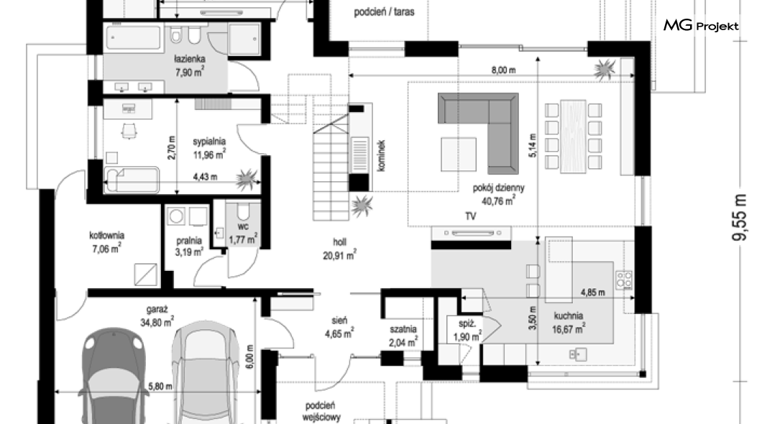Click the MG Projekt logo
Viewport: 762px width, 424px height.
click(x=701, y=25)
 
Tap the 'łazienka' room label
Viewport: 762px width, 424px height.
click(x=190, y=59)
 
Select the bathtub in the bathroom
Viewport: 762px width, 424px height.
click(x=133, y=38)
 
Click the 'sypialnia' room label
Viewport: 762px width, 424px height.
click(x=209, y=142)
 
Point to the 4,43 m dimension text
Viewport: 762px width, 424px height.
click(x=205, y=177)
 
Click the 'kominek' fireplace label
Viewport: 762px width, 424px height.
click(x=381, y=156)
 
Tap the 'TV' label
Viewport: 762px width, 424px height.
click(x=470, y=216)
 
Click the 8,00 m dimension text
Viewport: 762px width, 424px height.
click(x=503, y=70)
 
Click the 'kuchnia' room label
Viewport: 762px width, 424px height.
click(x=569, y=315)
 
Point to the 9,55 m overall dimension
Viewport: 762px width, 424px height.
click(x=739, y=217)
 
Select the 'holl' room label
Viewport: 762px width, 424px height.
click(x=340, y=242)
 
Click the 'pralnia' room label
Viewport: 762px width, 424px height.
click(x=189, y=241)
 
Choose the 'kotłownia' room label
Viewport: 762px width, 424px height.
click(x=107, y=236)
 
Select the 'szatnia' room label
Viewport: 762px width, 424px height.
click(x=403, y=329)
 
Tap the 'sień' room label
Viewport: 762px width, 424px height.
click(x=339, y=321)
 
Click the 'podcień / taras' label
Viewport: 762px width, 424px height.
click(x=384, y=11)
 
